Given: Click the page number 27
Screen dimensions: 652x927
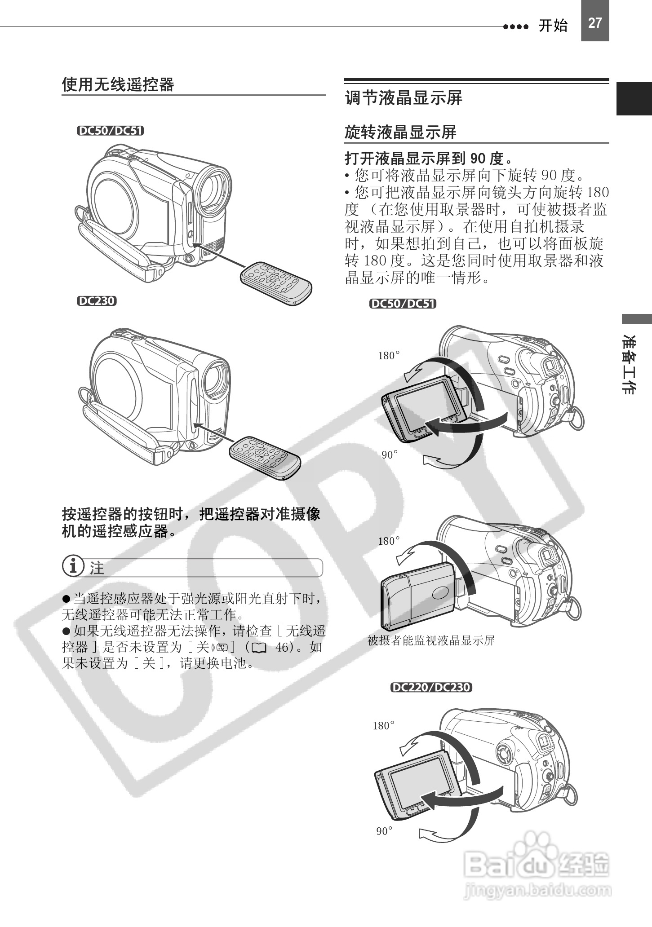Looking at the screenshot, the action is pos(594,23).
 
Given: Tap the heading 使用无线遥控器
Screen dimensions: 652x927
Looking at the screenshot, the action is pos(118,84).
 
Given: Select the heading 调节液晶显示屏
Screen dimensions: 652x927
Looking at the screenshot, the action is pos(403,97).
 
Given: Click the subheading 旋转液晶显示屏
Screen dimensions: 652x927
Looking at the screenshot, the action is pos(400,132).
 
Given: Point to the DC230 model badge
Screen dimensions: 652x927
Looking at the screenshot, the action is pos(96,301).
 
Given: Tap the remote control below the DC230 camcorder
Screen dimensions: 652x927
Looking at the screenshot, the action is pos(265,457).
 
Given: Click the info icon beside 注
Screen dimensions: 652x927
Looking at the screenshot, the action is pos(73,567).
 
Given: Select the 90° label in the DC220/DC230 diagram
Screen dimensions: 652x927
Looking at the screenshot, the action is pos(384,831).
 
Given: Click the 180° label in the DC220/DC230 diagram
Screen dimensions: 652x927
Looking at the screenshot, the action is pos(383,726).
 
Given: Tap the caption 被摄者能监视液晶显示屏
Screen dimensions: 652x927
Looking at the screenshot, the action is pos(431,640).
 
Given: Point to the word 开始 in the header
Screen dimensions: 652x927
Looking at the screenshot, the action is pos(553,26).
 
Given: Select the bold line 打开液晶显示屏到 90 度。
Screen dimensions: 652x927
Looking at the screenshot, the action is pos(429,158).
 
